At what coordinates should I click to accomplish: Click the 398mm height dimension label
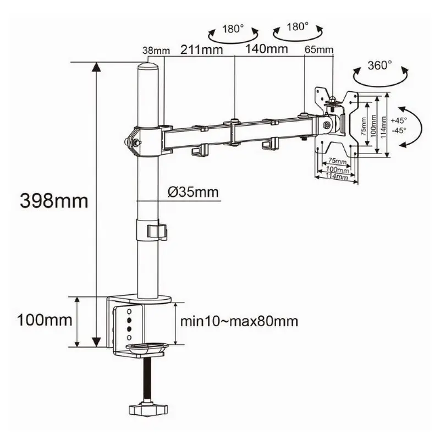[54, 201]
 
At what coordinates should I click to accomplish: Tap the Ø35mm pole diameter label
[193, 192]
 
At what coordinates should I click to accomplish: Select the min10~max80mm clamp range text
[239, 321]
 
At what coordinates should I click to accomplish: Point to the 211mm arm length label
[201, 50]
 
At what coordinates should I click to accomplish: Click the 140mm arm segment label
[267, 48]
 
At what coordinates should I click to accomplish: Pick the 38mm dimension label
[156, 51]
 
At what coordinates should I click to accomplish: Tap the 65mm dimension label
[319, 50]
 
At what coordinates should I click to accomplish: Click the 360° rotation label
[380, 65]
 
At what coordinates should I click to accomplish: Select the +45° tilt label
[399, 120]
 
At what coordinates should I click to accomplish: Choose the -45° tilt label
[399, 130]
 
